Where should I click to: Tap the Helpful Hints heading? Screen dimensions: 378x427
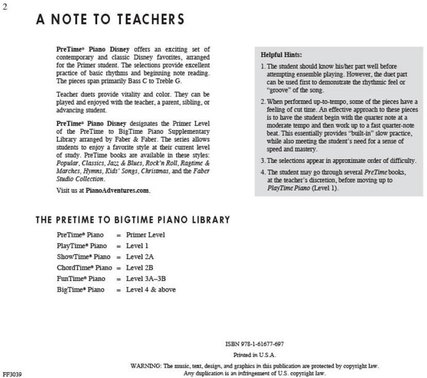click(x=281, y=55)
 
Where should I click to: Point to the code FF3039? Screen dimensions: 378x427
click(x=12, y=374)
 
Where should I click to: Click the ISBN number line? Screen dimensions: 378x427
click(x=255, y=344)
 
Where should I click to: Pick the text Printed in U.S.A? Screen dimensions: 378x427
click(x=254, y=355)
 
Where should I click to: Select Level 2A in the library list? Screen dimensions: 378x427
click(x=140, y=257)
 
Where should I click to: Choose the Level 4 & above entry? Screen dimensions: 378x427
click(x=151, y=289)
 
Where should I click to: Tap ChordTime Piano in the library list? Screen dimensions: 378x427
click(x=84, y=268)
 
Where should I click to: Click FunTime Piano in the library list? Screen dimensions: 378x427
click(x=81, y=279)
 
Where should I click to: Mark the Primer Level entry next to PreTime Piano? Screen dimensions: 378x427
click(x=145, y=235)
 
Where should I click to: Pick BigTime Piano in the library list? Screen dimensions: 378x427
click(x=80, y=289)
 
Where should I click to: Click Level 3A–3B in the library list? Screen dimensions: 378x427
click(x=146, y=279)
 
